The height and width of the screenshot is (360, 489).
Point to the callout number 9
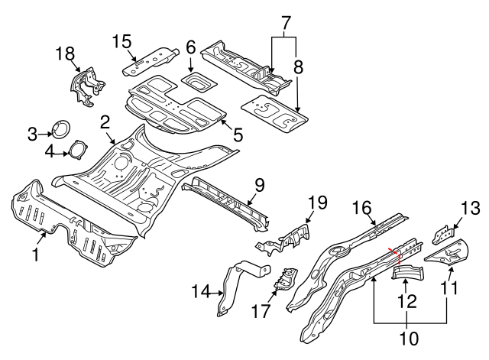(259, 184)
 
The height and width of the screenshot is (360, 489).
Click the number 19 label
(317, 203)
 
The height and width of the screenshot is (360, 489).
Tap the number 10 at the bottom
(410, 336)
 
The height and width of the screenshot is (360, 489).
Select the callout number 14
(200, 290)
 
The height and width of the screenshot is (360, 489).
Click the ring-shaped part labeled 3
(59, 131)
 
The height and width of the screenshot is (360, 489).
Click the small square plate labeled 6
(197, 79)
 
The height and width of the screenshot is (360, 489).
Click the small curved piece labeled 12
(410, 273)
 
